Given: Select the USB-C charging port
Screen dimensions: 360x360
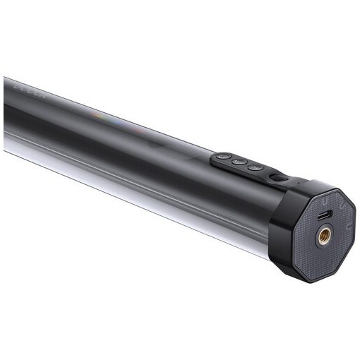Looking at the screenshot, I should (x=324, y=213).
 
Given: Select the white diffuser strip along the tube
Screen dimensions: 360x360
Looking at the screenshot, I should (x=106, y=169).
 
